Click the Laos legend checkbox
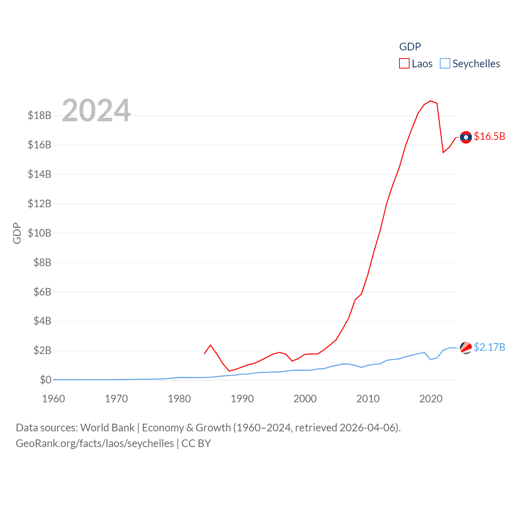tap(404, 64)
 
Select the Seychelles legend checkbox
tap(445, 64)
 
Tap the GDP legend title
tap(410, 47)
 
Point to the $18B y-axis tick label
tap(40, 116)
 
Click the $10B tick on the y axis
tap(40, 233)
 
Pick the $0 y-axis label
tap(46, 380)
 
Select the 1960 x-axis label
tap(54, 399)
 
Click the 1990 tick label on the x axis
tap(242, 399)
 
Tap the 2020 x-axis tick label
tap(431, 399)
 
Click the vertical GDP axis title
tap(17, 233)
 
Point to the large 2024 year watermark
tap(96, 110)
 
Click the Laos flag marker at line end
tap(466, 137)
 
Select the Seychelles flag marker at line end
tap(466, 347)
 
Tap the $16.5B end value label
tap(489, 136)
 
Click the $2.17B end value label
tap(489, 347)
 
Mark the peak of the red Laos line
tap(431, 101)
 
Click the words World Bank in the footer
tap(108, 428)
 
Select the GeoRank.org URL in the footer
tap(95, 443)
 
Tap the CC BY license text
tap(196, 443)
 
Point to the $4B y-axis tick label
tap(42, 321)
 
